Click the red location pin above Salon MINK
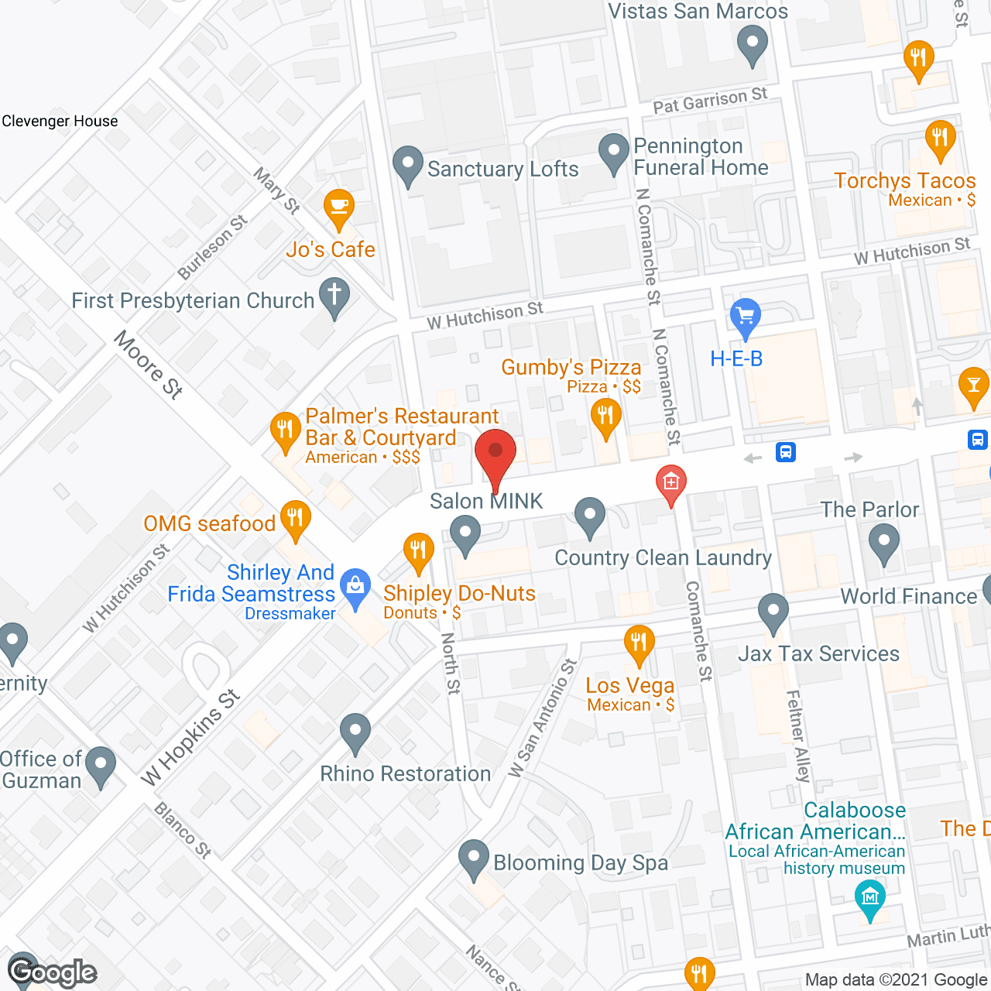click(495, 452)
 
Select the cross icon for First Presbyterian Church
click(334, 295)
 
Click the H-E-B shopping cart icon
click(746, 316)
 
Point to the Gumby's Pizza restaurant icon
click(605, 417)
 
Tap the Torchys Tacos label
click(904, 181)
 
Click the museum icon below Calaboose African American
click(869, 898)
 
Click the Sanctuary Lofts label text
click(502, 169)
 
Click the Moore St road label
click(149, 364)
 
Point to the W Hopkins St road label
click(190, 737)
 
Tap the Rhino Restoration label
click(405, 773)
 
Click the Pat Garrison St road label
click(710, 100)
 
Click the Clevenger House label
click(60, 121)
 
